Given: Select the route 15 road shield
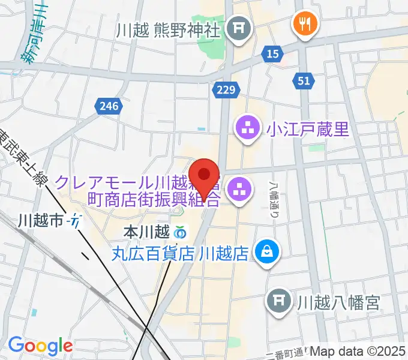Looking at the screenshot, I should [273, 55].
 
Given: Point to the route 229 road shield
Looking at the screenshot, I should [226, 90].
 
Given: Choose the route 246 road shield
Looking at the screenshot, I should [110, 106].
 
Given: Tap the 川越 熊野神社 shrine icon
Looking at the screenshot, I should [241, 28].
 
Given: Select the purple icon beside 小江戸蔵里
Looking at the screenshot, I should [247, 128].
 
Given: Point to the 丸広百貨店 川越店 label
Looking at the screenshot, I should [180, 253].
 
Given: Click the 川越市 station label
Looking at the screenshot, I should [40, 221].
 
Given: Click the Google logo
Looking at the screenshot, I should [40, 346].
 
